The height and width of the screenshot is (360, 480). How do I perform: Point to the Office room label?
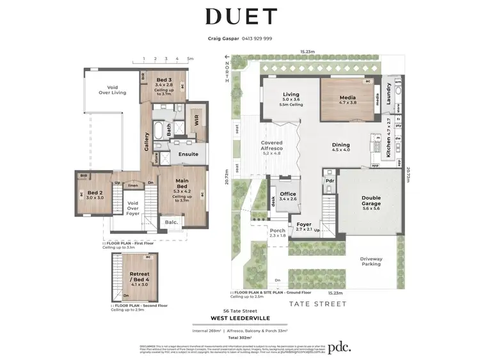coord(288,196)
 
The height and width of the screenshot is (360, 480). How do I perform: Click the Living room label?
coord(291,97)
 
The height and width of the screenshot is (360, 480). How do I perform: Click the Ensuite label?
coord(188,154)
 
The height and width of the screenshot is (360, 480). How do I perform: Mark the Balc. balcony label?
coord(171,222)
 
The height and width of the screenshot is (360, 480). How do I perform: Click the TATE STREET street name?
coord(317,304)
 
